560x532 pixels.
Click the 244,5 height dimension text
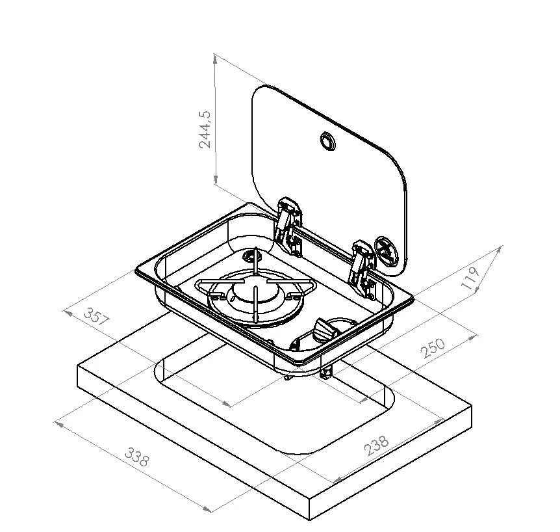(205, 129)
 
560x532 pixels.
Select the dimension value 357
(96, 317)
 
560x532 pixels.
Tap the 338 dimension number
(137, 457)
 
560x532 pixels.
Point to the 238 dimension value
(376, 444)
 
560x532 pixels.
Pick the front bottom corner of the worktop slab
(310, 520)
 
